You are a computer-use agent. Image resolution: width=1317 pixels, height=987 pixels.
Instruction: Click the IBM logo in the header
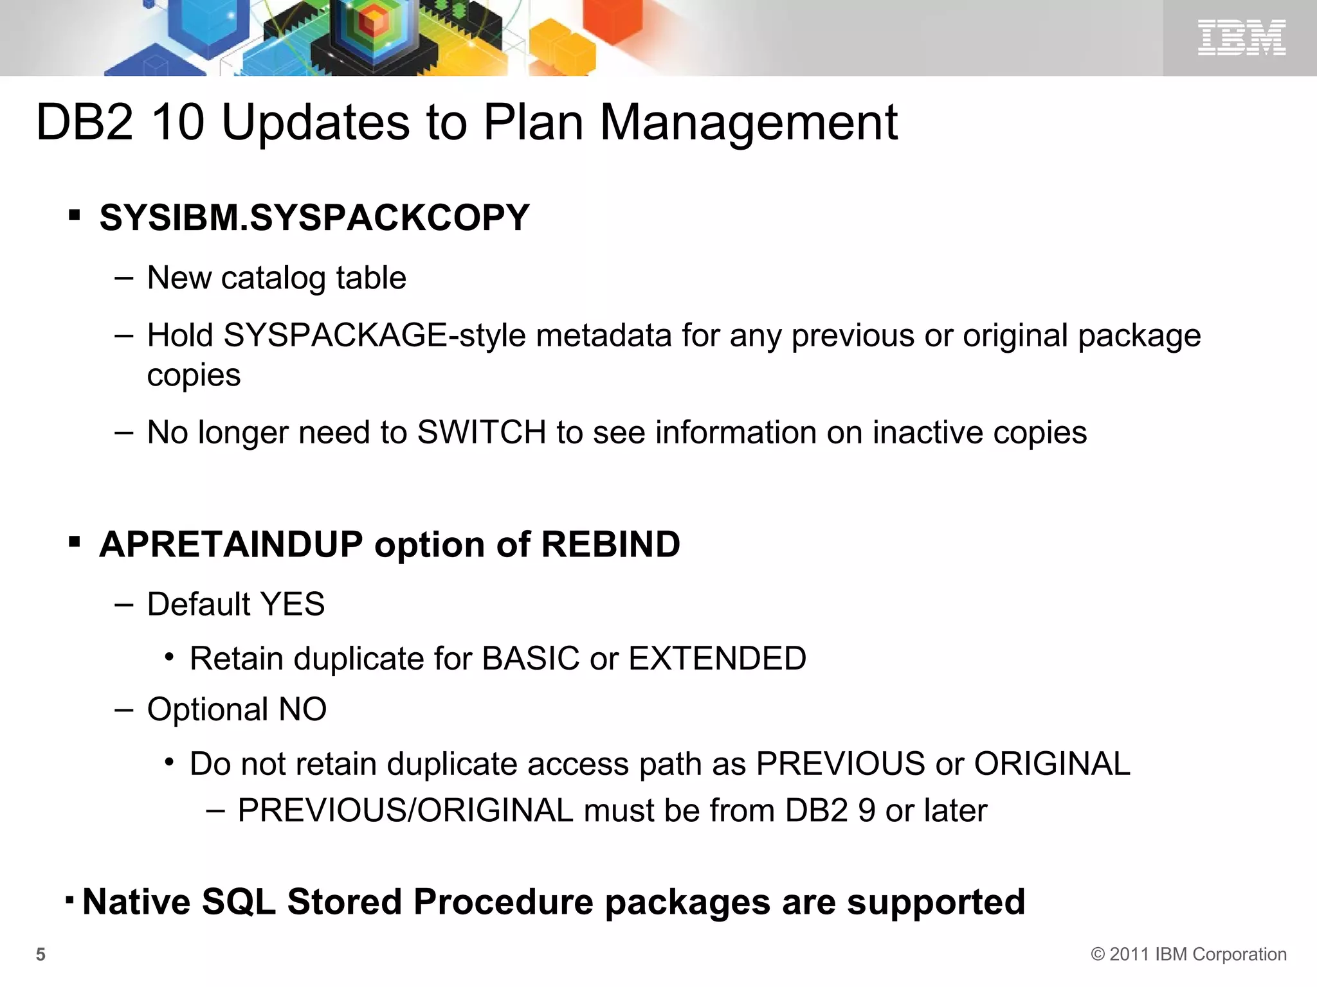pyautogui.click(x=1241, y=37)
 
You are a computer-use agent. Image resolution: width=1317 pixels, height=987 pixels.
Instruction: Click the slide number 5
pyautogui.click(x=41, y=954)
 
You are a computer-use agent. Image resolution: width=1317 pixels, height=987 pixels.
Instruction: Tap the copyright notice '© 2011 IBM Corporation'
pyautogui.click(x=1188, y=954)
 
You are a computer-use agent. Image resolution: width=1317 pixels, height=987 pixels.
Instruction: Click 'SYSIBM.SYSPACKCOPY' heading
pyautogui.click(x=314, y=217)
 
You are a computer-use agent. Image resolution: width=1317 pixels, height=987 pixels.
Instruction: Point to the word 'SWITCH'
pyautogui.click(x=482, y=432)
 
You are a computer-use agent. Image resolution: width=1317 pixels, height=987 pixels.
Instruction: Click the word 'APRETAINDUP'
pyautogui.click(x=232, y=544)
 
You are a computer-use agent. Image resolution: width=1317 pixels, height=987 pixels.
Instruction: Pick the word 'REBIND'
pyautogui.click(x=610, y=544)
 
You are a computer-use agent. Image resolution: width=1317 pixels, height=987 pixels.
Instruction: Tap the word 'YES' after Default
pyautogui.click(x=293, y=604)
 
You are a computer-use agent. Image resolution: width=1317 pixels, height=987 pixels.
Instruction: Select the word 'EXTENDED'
pyautogui.click(x=717, y=659)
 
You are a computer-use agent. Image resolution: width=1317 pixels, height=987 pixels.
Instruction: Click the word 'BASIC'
pyautogui.click(x=531, y=659)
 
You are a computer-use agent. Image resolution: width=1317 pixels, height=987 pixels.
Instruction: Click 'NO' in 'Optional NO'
pyautogui.click(x=302, y=709)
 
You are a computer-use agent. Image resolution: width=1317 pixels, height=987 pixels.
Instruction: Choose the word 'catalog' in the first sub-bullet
pyautogui.click(x=273, y=278)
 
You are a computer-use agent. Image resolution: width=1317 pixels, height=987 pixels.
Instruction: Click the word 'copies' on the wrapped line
pyautogui.click(x=194, y=375)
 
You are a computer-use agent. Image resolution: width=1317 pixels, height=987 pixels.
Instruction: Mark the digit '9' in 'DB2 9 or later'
pyautogui.click(x=866, y=810)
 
